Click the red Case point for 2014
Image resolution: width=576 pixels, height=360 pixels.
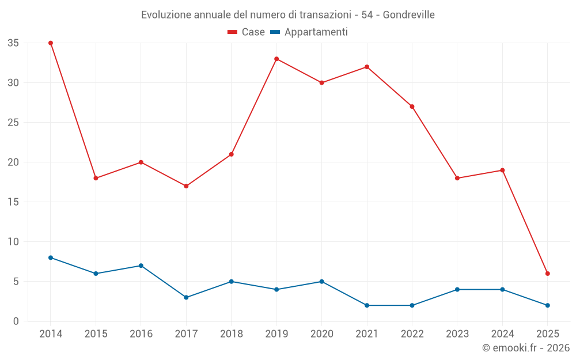(x=51, y=43)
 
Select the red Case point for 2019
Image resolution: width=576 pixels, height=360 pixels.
(x=276, y=59)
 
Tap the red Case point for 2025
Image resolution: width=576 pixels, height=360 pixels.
(x=547, y=274)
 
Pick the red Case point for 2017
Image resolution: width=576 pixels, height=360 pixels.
(x=186, y=186)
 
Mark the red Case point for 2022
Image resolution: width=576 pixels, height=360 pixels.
(x=412, y=107)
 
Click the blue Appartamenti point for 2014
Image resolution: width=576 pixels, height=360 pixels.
(x=51, y=257)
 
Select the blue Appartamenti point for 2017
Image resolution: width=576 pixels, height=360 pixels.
(x=186, y=297)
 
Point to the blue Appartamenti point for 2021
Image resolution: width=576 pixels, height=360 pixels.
(x=367, y=305)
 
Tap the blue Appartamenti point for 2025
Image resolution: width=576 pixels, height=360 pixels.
(x=547, y=305)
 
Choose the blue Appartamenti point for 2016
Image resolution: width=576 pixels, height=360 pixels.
(x=141, y=266)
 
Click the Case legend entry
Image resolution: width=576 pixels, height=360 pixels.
(x=246, y=32)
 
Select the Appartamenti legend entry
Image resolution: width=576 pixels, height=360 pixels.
(x=309, y=32)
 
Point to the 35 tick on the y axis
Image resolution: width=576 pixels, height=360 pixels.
(x=13, y=43)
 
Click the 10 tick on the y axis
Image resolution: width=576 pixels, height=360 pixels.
(x=13, y=242)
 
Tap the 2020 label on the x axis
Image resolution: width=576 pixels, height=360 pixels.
(x=321, y=334)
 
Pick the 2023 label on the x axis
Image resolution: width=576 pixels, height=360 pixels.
(x=457, y=334)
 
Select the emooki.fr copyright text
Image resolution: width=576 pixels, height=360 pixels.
(x=526, y=348)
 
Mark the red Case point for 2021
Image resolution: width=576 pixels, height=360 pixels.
(x=367, y=67)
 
